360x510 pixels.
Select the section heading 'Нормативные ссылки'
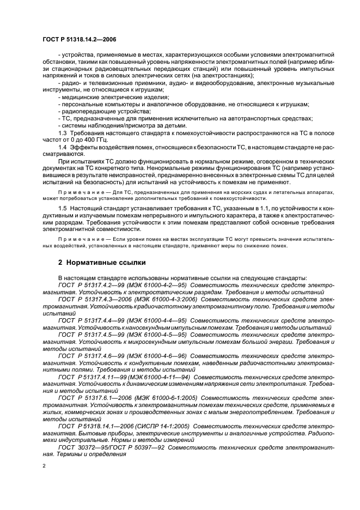106,262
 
